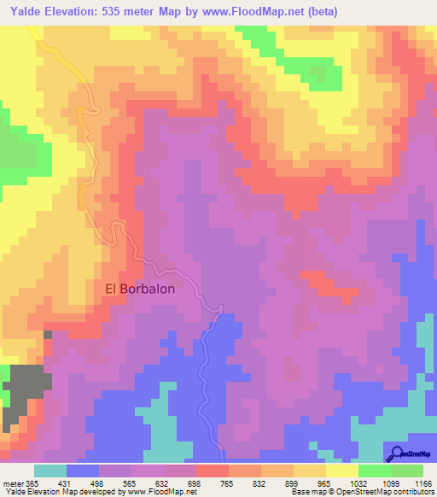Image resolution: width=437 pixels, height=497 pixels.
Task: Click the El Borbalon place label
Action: [x=140, y=289]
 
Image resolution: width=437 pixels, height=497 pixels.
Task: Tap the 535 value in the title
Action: [x=116, y=12]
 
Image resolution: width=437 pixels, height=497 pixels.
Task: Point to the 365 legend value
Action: [x=32, y=482]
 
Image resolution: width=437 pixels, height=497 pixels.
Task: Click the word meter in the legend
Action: [x=12, y=482]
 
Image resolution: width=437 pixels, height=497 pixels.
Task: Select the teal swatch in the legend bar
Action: [x=50, y=471]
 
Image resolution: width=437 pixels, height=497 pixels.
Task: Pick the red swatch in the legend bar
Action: [x=213, y=471]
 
